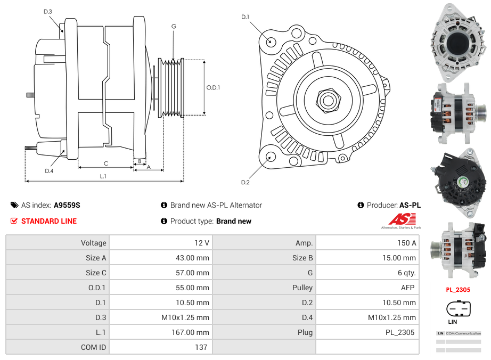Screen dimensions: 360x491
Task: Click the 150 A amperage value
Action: point(407,243)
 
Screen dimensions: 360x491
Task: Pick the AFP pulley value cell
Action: point(408,288)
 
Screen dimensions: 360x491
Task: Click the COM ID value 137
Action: point(201,347)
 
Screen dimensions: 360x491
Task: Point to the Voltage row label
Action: point(93,243)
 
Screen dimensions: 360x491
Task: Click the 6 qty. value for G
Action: point(407,273)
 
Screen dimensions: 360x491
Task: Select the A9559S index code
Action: point(67,205)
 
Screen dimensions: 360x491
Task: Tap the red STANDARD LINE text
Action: point(49,221)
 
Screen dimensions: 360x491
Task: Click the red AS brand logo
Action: point(402,219)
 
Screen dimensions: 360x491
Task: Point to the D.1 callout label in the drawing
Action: point(245,17)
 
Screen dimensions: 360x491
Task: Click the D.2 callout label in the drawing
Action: point(245,183)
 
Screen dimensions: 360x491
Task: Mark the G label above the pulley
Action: point(174,26)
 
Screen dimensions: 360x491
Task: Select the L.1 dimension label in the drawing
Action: point(103,176)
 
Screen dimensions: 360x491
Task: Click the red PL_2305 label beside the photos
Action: point(458,290)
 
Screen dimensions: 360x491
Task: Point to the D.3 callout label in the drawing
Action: point(48,11)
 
